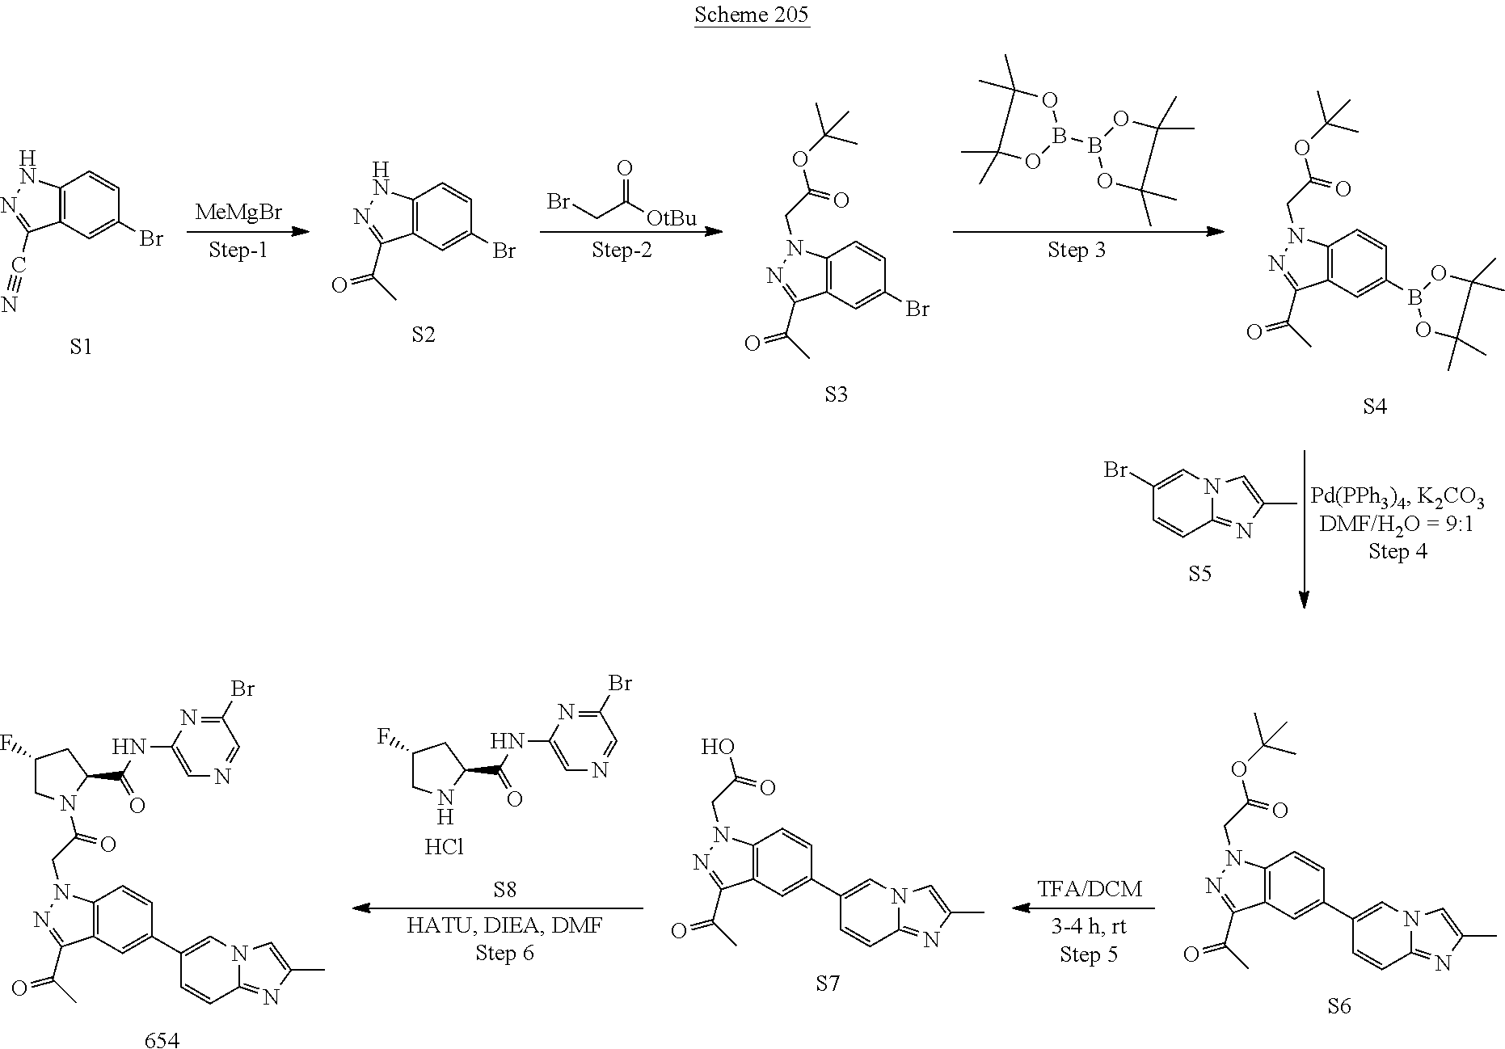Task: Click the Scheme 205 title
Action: (x=752, y=15)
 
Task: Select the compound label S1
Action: (x=81, y=347)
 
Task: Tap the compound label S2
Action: (x=423, y=335)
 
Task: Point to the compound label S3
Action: (x=836, y=394)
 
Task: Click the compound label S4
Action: (x=1374, y=407)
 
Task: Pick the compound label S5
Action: (x=1199, y=574)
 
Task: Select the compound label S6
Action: (x=1338, y=1006)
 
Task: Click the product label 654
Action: (x=162, y=1039)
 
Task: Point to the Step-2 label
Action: (x=621, y=250)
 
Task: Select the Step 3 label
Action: (x=1076, y=250)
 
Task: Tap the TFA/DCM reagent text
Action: (x=1090, y=888)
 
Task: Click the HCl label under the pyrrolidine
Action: (x=444, y=846)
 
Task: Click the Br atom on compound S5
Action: (x=1117, y=469)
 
